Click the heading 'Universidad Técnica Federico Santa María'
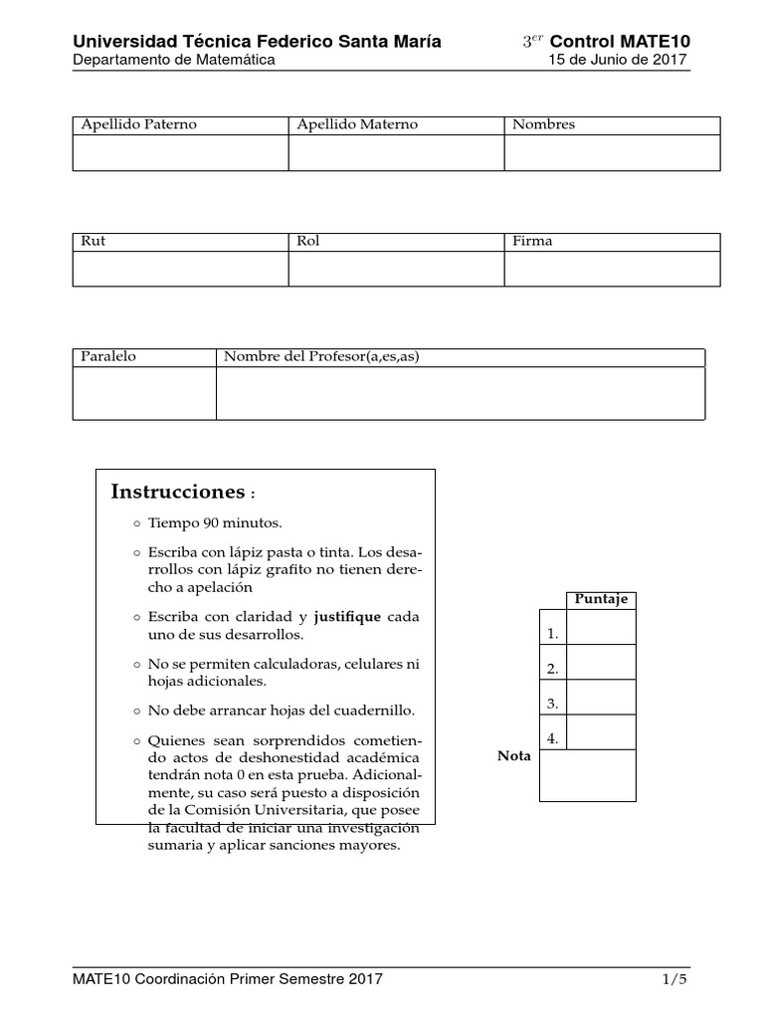coord(257,41)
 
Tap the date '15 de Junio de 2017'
coord(619,60)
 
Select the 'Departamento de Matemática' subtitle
coord(173,60)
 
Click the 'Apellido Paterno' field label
coord(138,124)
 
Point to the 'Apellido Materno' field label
coord(357,124)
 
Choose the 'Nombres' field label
coord(543,124)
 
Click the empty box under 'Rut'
coord(180,269)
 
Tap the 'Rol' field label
coord(308,241)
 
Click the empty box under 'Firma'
coord(612,269)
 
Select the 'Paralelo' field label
coord(108,356)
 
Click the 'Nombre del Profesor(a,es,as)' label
coord(320,356)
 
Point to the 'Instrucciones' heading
coord(177,492)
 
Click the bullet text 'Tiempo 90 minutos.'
coord(215,522)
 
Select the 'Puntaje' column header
coord(600,599)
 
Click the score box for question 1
coord(600,627)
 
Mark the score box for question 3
coord(600,697)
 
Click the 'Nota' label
coord(514,756)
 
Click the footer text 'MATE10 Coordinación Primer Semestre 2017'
coord(227,979)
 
